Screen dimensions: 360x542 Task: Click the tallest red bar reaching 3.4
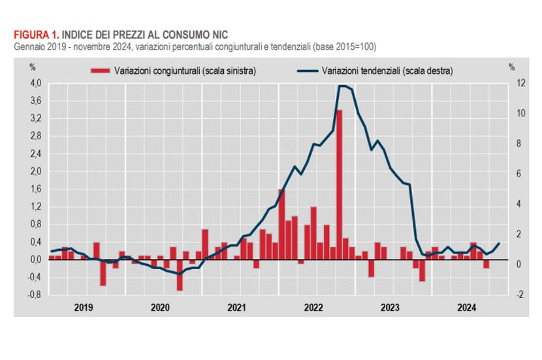click(340, 184)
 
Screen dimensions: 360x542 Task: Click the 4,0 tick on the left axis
click(35, 83)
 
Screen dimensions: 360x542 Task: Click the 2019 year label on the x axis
click(84, 306)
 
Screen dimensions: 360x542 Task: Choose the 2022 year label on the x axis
click(314, 306)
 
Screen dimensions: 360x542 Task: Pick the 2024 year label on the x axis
click(467, 306)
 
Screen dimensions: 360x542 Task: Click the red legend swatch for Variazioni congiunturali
click(100, 70)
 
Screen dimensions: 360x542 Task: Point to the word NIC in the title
click(220, 34)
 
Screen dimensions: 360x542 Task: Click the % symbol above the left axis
click(31, 67)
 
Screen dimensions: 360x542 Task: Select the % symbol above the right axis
click(512, 67)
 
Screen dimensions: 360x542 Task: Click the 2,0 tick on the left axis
click(35, 171)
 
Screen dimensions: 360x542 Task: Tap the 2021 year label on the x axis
click(237, 306)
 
